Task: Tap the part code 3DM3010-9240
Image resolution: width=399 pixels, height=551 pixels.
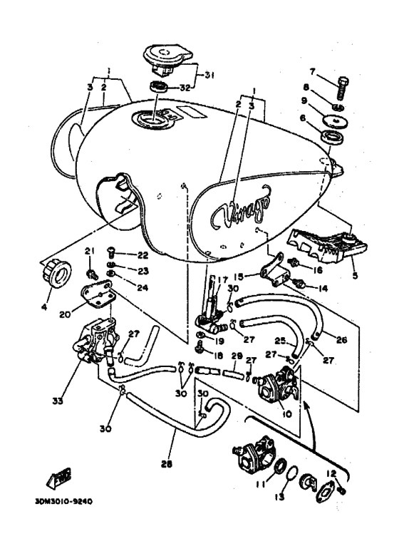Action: [x=63, y=500]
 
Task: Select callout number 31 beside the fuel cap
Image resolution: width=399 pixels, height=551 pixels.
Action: [x=209, y=76]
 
